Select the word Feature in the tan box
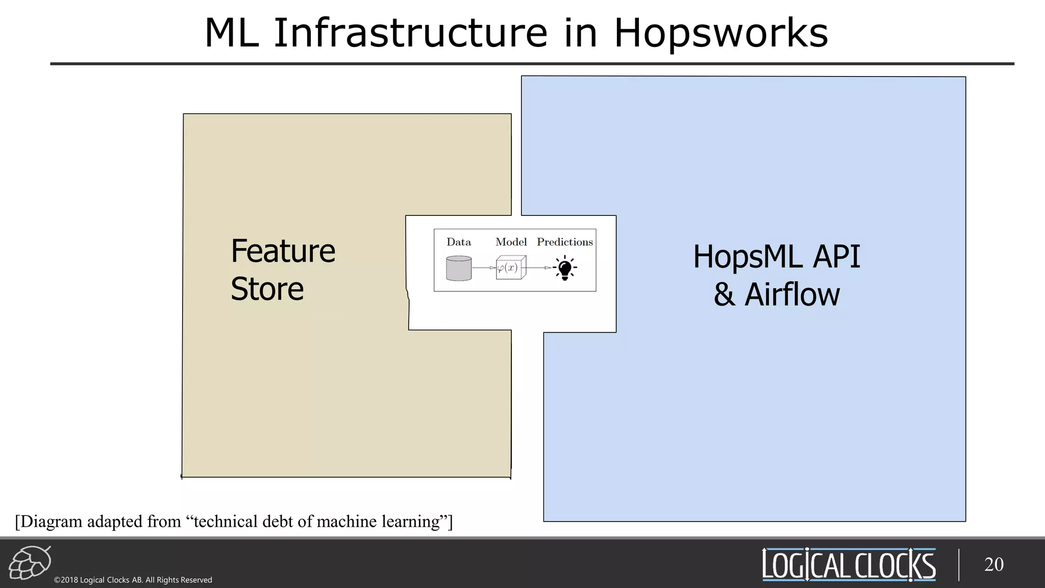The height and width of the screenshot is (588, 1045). pos(283,251)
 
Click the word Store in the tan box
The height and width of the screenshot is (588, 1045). pos(267,289)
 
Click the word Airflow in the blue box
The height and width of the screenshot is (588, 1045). pos(792,295)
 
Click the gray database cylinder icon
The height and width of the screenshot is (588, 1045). pos(458,268)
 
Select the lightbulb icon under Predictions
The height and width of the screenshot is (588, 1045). pos(565,268)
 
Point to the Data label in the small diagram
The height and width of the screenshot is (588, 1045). pos(458,242)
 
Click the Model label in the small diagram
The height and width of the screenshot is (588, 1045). pos(511,242)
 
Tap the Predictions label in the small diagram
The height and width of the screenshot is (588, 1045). pos(564,242)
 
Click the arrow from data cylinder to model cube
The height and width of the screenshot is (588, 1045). pos(484,268)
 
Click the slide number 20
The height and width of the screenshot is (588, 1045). pos(993,565)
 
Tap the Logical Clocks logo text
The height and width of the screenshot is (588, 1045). pos(849,565)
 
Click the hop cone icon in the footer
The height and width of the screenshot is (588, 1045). pos(30,562)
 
